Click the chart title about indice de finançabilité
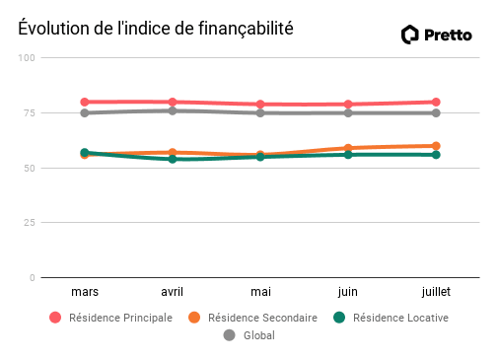pos(156,30)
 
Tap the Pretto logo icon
pos(410,35)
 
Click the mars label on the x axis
pos(85,292)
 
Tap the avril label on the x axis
pos(173,292)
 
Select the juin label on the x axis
pos(348,292)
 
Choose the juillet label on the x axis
pos(436,292)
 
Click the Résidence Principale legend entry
pos(110,318)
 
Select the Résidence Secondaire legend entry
pos(252,318)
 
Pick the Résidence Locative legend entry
pos(391,318)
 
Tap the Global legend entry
pos(249,335)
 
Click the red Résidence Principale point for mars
pos(85,102)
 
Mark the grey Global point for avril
pos(173,110)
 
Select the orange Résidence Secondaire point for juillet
pos(436,146)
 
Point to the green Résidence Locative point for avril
pos(173,159)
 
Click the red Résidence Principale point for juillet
pos(436,102)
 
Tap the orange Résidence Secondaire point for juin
pos(348,148)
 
